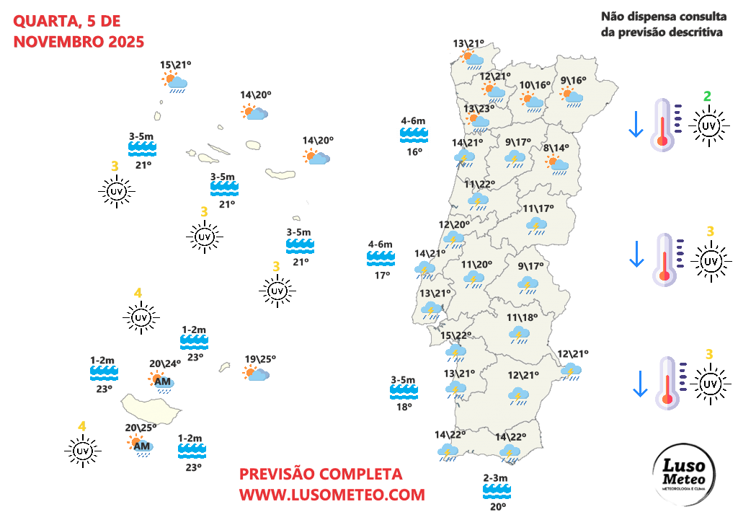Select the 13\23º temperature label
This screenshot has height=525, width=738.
[x=478, y=109]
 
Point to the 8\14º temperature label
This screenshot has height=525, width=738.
[x=556, y=148]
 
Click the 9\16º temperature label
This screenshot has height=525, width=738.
[x=573, y=80]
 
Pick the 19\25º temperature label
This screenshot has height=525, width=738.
[x=260, y=359]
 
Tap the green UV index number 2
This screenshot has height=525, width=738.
[x=708, y=96]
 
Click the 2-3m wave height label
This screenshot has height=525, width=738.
[x=496, y=478]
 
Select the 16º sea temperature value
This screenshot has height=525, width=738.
[x=414, y=151]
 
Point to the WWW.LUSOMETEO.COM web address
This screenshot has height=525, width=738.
[x=332, y=495]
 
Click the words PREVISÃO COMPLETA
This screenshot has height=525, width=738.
[x=321, y=475]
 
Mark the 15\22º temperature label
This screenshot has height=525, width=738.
[x=455, y=336]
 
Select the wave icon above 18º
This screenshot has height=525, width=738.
[x=403, y=392]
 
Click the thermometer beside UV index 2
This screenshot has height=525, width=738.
[x=663, y=125]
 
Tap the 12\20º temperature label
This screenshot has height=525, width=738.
[x=454, y=224]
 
